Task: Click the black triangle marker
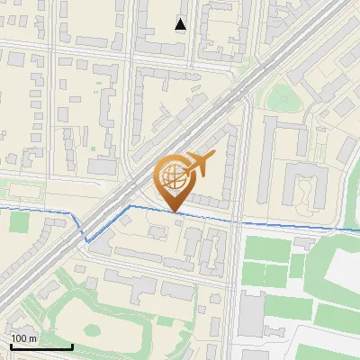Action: (181, 24)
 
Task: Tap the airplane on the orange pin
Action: (199, 165)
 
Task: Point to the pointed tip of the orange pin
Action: (175, 213)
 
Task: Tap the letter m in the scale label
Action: (32, 338)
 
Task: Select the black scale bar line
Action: (40, 347)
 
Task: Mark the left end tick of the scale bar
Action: (10, 346)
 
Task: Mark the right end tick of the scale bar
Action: (71, 346)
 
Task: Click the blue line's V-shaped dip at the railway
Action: (87, 240)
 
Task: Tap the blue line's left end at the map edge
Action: (2, 208)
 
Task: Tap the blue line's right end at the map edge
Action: (357, 229)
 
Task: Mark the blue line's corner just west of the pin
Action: (130, 206)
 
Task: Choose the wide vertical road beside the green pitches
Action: (235, 288)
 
